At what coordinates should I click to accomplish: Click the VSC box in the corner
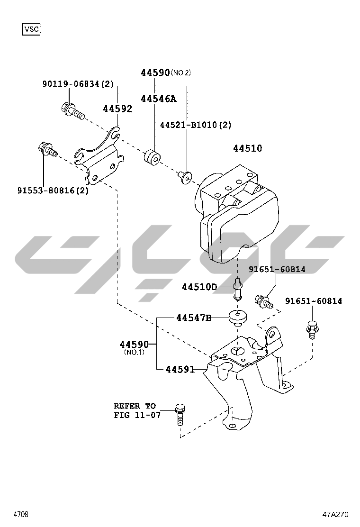coord(32,29)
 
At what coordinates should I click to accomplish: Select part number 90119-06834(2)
coord(78,84)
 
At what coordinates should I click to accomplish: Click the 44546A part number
coord(158,99)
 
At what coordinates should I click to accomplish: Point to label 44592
coord(117,109)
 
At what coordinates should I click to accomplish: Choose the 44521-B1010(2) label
coord(195,125)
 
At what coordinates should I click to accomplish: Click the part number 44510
coord(247,148)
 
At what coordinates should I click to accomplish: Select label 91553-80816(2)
coord(53,191)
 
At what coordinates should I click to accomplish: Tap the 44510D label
coord(199,287)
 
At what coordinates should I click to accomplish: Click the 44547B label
coord(194,318)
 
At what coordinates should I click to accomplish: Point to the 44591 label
coord(180,369)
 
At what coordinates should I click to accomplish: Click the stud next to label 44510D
coord(238,289)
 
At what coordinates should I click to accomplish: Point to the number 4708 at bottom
coord(20,514)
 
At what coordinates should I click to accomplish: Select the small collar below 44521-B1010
coord(185,177)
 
